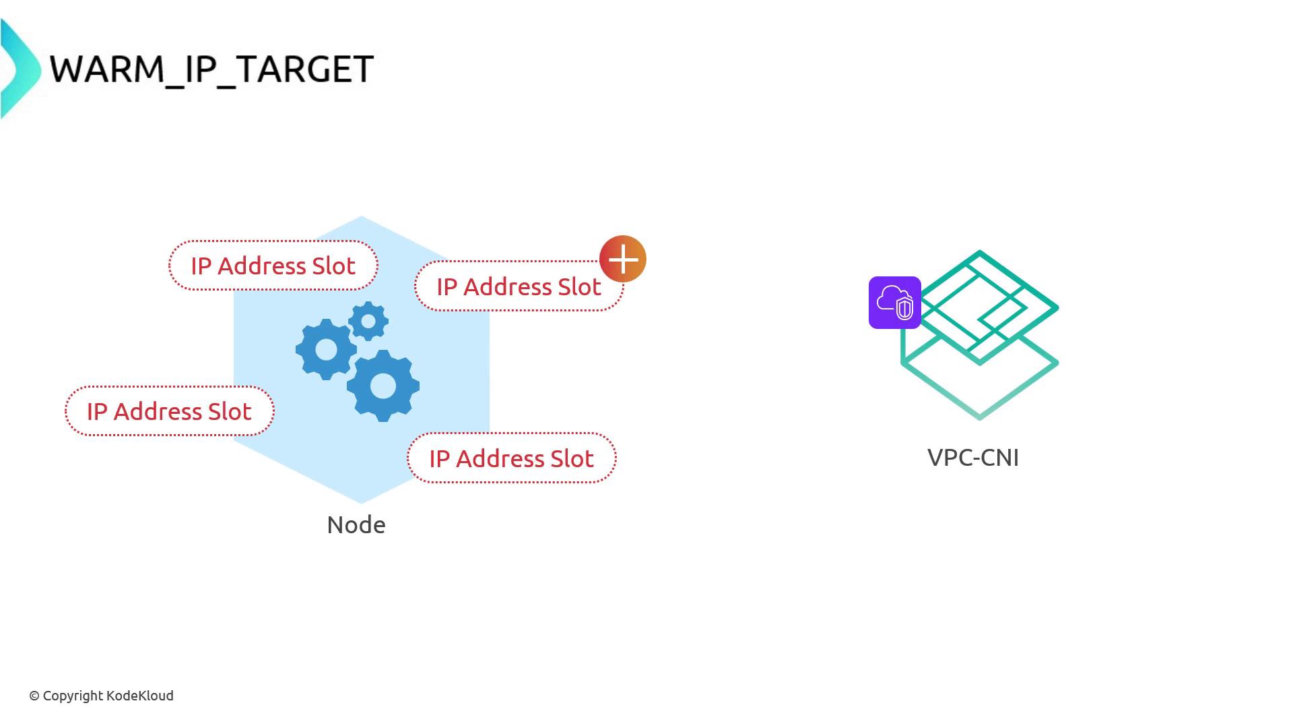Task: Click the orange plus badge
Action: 623,259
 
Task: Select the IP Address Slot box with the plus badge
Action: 519,286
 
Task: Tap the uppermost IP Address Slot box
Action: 273,266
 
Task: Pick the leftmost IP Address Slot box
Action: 169,411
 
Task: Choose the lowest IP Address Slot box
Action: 511,458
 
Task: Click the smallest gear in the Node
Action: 368,322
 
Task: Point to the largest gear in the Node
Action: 383,386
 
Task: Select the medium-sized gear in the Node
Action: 327,349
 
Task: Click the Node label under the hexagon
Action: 356,525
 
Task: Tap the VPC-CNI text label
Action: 973,458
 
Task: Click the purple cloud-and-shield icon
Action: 894,303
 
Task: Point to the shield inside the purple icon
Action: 904,308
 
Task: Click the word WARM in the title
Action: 107,69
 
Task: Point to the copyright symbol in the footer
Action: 34,696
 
